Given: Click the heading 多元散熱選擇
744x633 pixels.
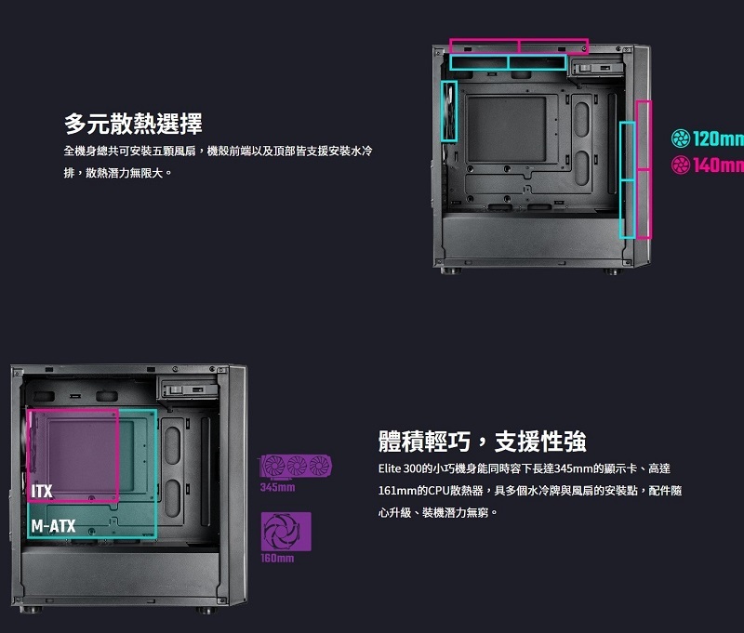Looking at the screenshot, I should [x=133, y=123].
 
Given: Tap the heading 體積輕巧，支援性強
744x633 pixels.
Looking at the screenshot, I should [x=482, y=441].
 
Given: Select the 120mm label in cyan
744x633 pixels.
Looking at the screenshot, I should [x=717, y=139].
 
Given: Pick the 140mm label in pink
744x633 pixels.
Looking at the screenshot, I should [x=717, y=165].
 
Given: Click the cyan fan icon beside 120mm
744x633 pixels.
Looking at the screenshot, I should [x=680, y=139].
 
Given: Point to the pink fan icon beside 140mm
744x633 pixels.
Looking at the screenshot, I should [x=680, y=165].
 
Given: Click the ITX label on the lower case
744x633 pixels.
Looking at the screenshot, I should [x=41, y=490].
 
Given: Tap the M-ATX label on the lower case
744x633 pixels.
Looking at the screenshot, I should [x=53, y=526].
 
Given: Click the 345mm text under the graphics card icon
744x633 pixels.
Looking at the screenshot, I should [x=277, y=487].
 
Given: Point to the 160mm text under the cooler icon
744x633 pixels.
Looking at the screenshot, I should [x=277, y=558].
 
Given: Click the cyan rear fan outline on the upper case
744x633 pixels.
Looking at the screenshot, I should [x=449, y=110].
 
